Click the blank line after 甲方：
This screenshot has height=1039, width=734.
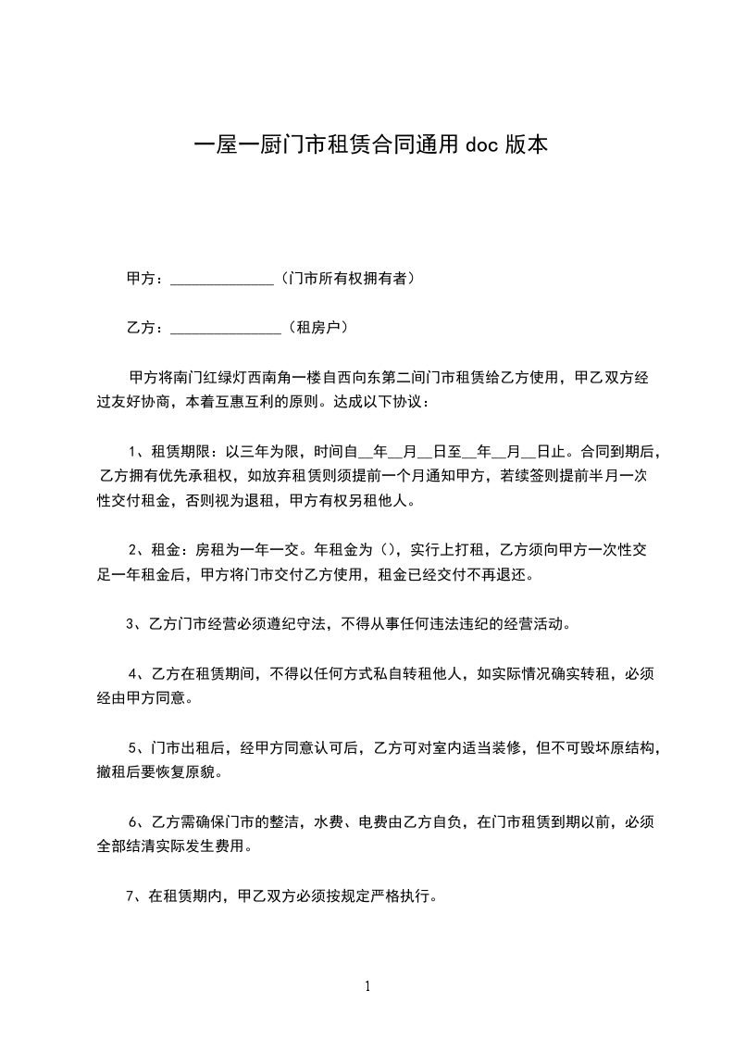coord(222,278)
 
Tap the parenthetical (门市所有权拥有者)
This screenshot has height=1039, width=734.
coord(345,278)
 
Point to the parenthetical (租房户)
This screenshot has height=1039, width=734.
coord(317,327)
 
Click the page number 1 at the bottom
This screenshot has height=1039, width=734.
coord(367,986)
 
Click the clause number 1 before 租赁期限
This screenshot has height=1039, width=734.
coord(133,452)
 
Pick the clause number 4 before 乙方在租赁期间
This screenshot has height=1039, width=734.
coord(133,673)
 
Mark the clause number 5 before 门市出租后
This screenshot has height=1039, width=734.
coord(133,747)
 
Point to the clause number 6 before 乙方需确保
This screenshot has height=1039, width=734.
coord(133,821)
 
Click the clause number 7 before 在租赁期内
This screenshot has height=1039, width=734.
coord(131,895)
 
